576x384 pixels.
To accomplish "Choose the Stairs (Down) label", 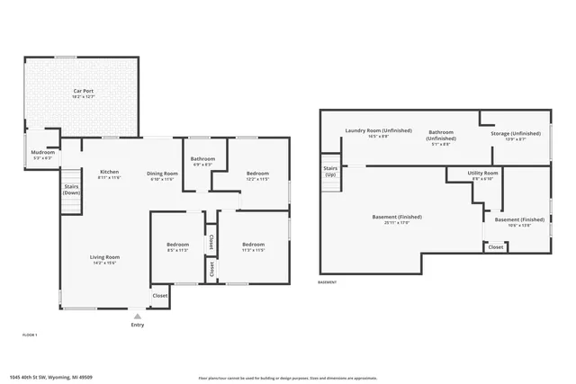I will (71, 191).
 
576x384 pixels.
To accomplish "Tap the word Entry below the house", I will (137, 325).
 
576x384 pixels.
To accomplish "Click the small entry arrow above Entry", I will (137, 316).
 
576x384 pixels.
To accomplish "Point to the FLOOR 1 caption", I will (30, 335).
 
